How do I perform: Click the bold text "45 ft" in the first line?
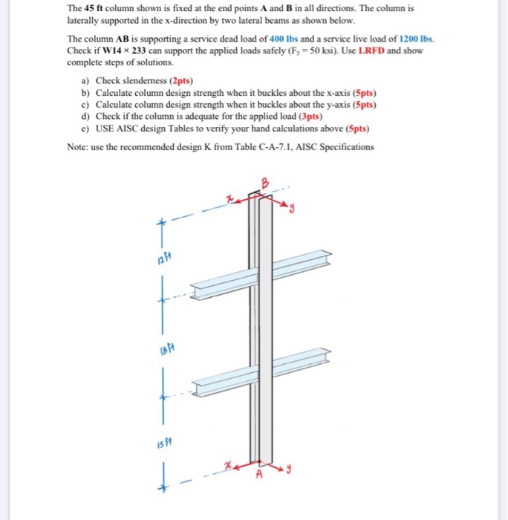tap(94, 8)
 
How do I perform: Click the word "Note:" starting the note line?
tap(77, 147)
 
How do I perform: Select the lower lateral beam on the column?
tap(260, 369)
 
